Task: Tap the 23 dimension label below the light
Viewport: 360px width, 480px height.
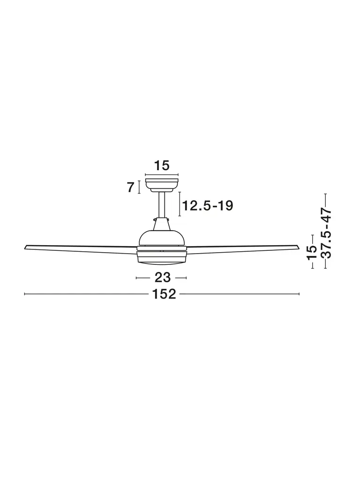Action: click(x=162, y=277)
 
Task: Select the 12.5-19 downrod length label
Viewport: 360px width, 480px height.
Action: click(x=208, y=206)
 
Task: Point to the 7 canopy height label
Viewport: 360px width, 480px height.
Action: click(x=131, y=187)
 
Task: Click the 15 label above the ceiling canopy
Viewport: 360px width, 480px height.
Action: click(x=161, y=165)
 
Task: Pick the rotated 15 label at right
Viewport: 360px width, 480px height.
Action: click(x=313, y=252)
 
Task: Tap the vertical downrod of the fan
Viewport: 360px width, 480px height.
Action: click(x=162, y=205)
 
